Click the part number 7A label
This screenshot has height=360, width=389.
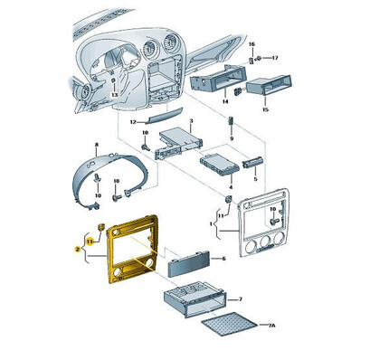270,325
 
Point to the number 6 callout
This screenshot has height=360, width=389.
223,259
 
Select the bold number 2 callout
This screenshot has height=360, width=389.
79,245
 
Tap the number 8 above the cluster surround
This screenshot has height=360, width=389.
97,145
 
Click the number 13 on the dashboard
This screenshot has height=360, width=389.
115,94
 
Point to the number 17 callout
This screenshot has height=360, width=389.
275,58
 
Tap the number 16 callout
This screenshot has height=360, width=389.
252,44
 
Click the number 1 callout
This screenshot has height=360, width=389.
212,222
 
